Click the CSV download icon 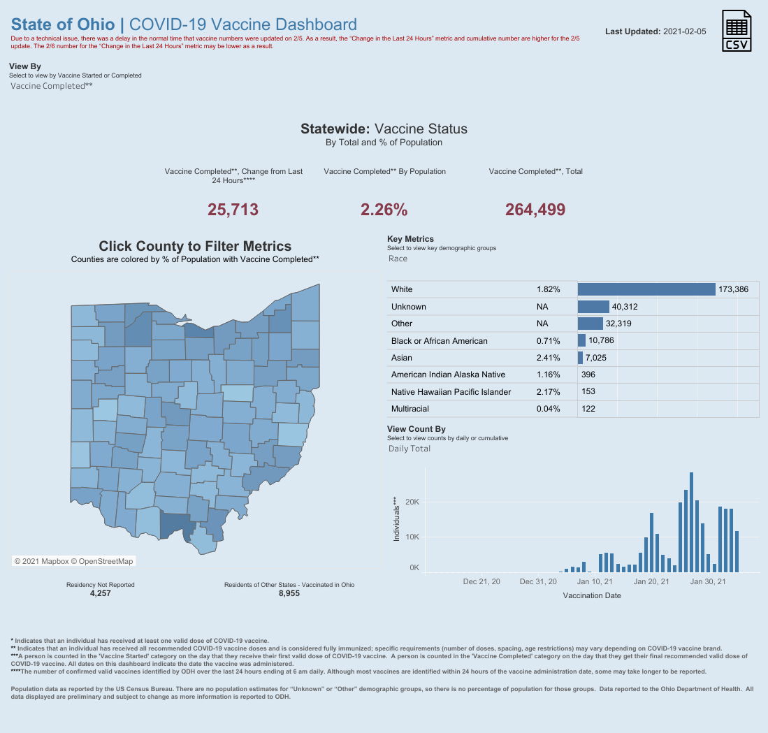tap(737, 31)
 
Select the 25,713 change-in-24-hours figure tap(233, 210)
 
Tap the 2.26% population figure tap(384, 210)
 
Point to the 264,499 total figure tap(535, 210)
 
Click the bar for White tap(646, 289)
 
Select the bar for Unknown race tap(593, 307)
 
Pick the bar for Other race tap(591, 324)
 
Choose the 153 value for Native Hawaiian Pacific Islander tap(588, 392)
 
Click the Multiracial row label tap(410, 409)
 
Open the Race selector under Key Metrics tap(398, 259)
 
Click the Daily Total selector tap(410, 449)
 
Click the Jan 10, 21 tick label tap(595, 581)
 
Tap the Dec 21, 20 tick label tap(481, 581)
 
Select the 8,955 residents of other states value tap(289, 593)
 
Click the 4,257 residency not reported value tap(101, 593)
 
